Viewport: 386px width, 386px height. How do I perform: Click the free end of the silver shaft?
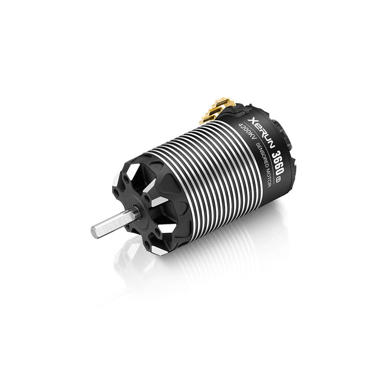coord(95,232)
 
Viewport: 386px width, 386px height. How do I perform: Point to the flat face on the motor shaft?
coord(112,223)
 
